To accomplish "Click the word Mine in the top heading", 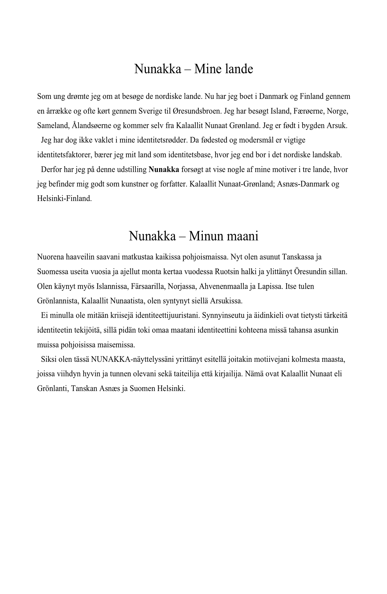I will point(208,69).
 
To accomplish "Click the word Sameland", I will point(53,126).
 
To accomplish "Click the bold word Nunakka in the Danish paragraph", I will point(164,170).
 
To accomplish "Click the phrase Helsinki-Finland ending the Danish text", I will point(64,199).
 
